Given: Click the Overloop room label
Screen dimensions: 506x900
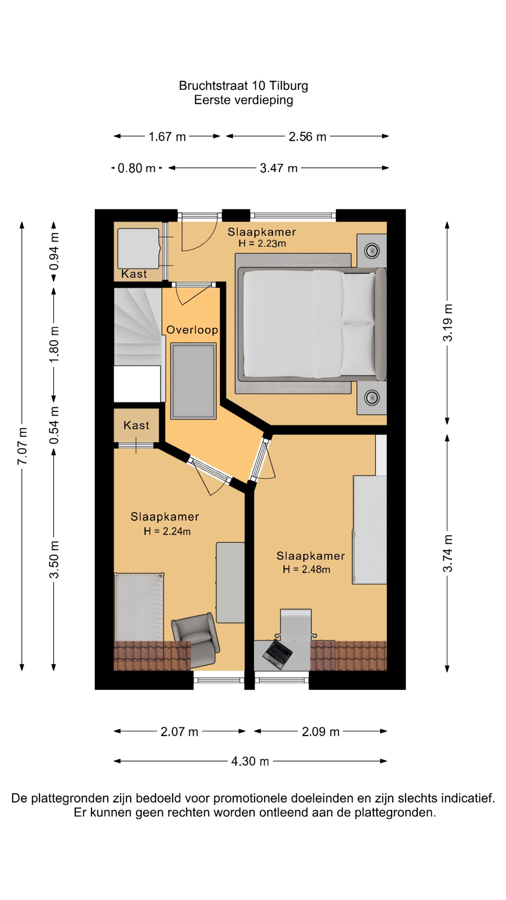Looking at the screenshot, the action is coord(192,330).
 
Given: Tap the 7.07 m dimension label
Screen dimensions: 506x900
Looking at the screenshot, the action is coord(22,445).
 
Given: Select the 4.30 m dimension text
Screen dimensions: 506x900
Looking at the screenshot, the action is coord(250,761).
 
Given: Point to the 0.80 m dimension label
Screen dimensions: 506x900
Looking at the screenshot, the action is coord(137,168).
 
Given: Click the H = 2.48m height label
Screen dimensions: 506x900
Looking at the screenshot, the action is coord(306,569).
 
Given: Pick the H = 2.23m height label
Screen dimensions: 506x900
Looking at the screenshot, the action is coord(262,243).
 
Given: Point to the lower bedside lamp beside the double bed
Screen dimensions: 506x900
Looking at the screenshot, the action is coord(372,397).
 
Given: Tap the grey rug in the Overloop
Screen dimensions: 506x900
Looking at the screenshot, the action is coord(193,381).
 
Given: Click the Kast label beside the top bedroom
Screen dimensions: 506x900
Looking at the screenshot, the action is coord(134,274).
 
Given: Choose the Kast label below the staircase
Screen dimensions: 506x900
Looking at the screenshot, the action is coord(136,425).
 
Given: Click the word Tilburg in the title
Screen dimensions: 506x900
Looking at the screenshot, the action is coord(289,85).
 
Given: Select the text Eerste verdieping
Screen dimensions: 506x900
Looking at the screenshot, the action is coord(244,100).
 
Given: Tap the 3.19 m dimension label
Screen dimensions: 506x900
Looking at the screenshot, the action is coord(448,323).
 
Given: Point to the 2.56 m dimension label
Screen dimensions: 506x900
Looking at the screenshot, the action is coord(307,136).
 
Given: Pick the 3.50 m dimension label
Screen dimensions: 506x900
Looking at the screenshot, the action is coord(54,559).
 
